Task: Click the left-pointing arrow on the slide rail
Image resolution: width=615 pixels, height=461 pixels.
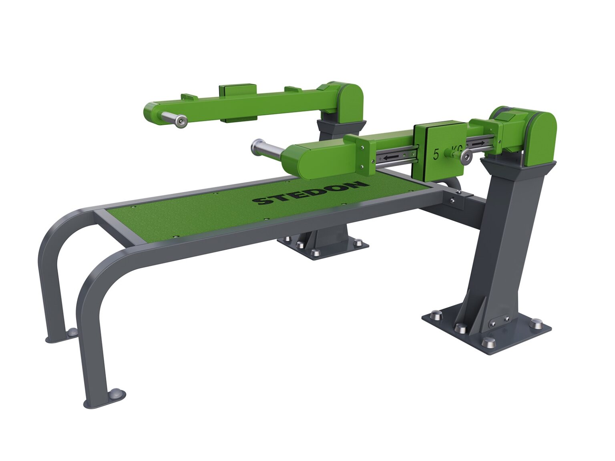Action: click(x=390, y=158)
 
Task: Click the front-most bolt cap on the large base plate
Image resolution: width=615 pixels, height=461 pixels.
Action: click(x=488, y=342)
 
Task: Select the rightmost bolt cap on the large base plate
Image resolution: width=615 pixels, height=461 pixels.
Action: click(x=536, y=323)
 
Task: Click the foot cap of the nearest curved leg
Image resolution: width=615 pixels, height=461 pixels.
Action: click(x=117, y=394)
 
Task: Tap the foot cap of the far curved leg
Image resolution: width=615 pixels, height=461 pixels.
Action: click(x=72, y=332)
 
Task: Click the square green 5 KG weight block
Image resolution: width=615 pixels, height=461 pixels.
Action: click(x=440, y=150)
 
